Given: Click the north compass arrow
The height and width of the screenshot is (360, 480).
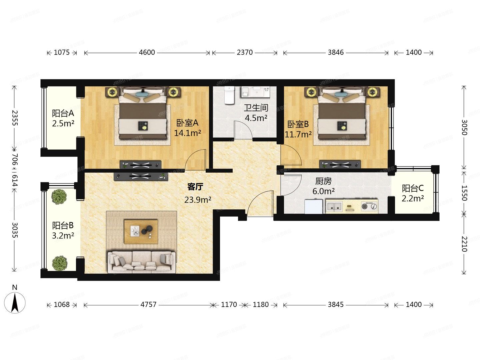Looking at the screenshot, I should click(15, 302).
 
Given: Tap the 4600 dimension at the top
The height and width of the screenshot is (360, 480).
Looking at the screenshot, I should click(147, 52).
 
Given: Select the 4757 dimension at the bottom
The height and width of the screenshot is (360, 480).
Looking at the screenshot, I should click(148, 305).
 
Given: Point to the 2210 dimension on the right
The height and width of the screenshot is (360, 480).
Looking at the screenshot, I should click(464, 244).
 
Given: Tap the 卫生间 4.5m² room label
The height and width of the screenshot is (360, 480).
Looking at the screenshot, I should click(256, 113).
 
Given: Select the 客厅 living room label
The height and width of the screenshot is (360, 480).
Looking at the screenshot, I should click(195, 187).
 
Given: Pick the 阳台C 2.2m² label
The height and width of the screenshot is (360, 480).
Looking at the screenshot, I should click(413, 193).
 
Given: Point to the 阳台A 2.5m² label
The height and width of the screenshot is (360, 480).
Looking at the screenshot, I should click(63, 118).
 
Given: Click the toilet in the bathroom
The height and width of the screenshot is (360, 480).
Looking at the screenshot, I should click(229, 95).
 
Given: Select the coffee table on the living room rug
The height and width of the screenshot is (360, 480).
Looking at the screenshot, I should click(141, 231).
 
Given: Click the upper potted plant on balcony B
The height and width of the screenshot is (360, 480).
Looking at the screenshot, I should click(59, 196).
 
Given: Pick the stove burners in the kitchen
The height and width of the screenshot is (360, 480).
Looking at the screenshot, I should click(369, 206).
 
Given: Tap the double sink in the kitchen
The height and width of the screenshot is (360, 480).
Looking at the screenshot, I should click(334, 207).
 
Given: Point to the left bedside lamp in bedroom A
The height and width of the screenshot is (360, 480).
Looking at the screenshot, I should click(112, 92).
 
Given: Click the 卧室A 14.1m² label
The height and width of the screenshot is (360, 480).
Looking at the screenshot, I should click(187, 128).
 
